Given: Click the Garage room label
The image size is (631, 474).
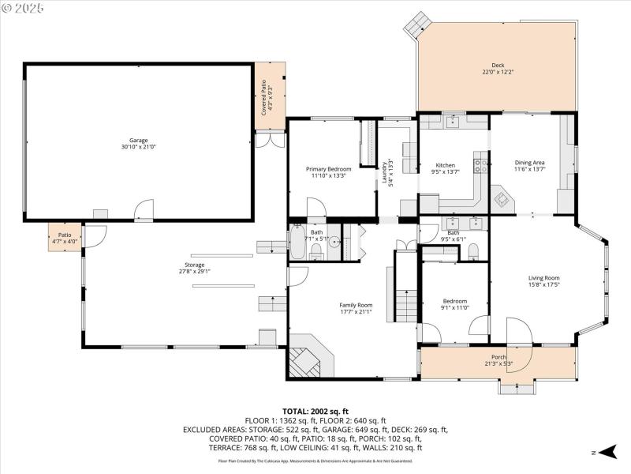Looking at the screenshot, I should pyautogui.click(x=139, y=140).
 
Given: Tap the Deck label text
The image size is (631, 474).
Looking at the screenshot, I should pyautogui.click(x=498, y=66).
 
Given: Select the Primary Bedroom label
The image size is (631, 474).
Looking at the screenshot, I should pyautogui.click(x=328, y=169).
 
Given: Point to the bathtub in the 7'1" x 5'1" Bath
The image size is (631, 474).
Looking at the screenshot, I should pyautogui.click(x=297, y=243).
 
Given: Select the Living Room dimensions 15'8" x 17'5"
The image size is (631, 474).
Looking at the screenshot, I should pyautogui.click(x=543, y=285).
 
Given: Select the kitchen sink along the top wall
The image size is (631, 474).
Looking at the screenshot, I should pyautogui.click(x=453, y=122).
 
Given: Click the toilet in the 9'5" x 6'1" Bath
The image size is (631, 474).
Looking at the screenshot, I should pyautogui.click(x=473, y=251).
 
